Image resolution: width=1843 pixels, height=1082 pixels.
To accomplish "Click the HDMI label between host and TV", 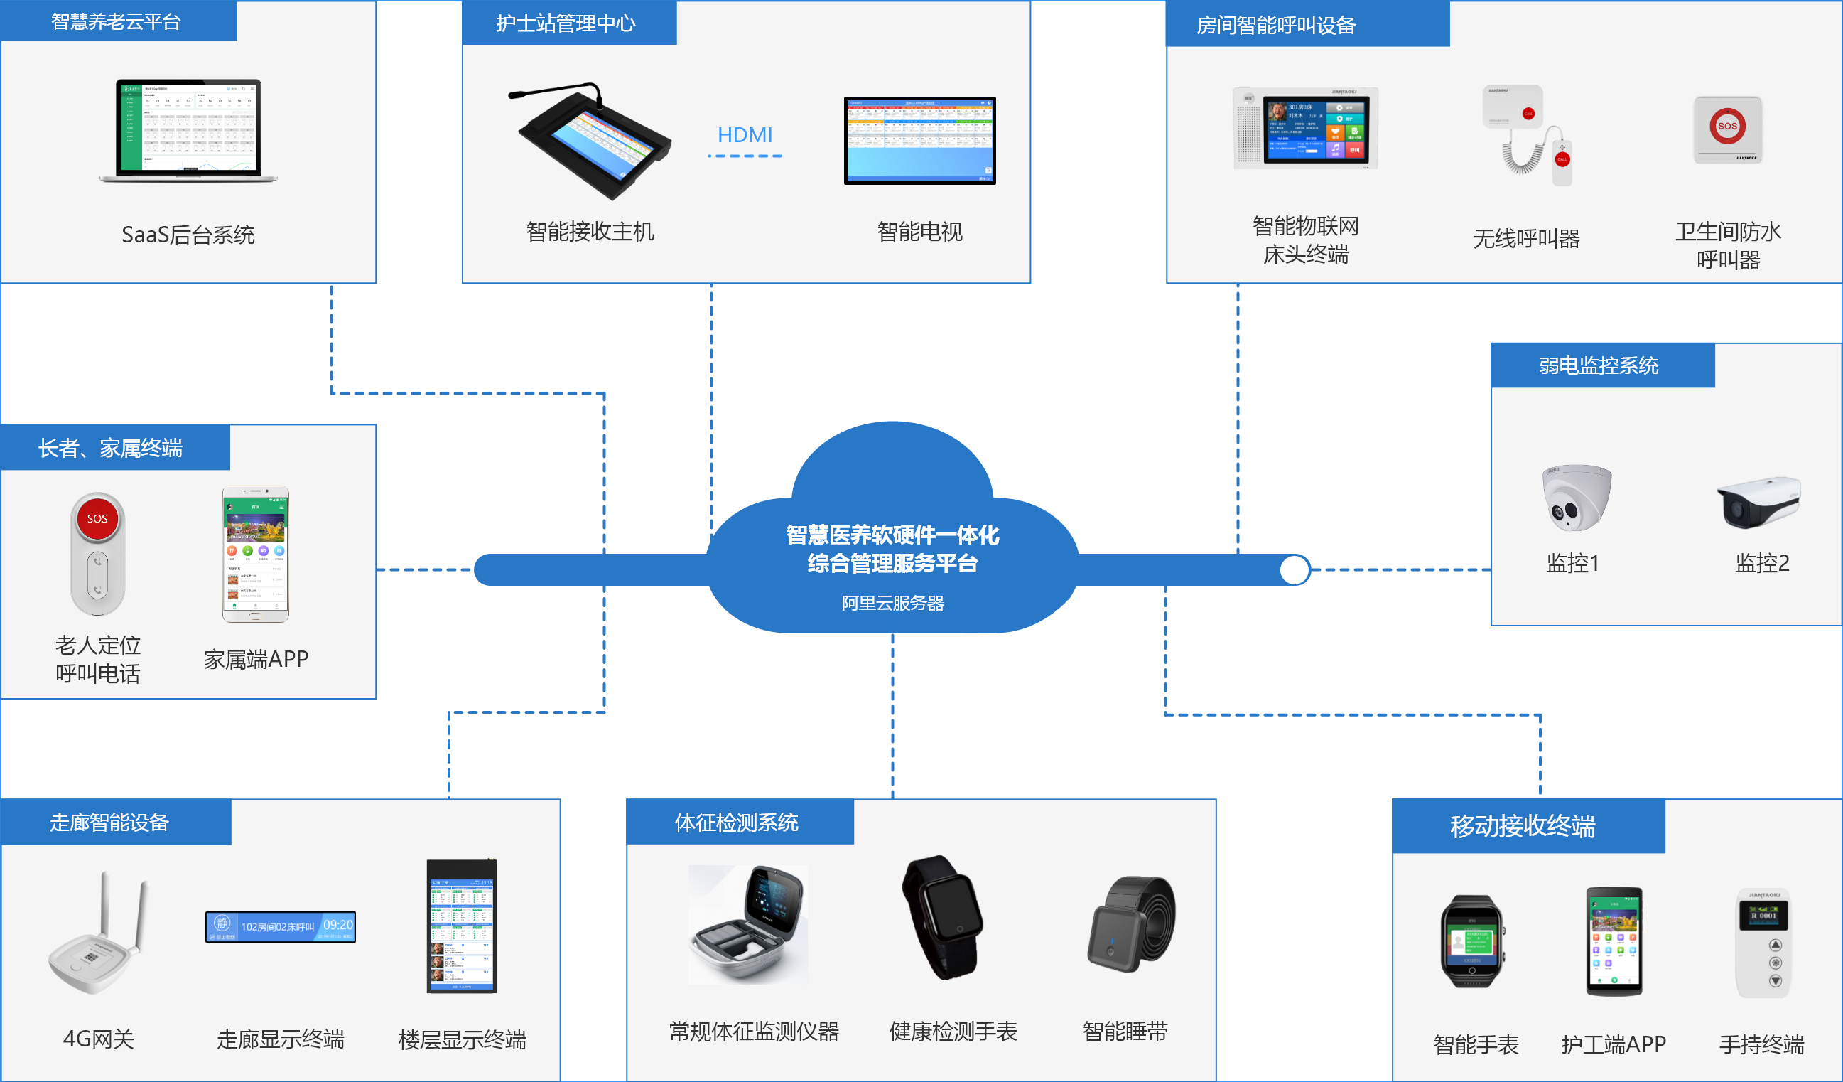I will tap(745, 135).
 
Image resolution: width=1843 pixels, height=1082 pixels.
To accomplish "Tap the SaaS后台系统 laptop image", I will tap(189, 130).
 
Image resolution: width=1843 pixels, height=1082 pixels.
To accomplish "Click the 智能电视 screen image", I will tap(919, 140).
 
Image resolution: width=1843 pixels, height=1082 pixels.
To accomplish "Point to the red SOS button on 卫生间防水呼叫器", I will tap(1726, 126).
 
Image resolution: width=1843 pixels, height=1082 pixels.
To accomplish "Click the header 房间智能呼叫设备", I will tap(1275, 26).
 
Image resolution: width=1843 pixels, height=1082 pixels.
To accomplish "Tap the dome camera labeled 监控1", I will tap(1575, 498).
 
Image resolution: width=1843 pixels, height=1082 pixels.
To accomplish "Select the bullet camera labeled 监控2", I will tap(1758, 502).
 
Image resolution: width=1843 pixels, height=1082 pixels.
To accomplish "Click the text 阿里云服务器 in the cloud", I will tap(892, 603).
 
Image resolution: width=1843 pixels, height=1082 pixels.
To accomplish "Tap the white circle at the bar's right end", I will tap(1294, 570).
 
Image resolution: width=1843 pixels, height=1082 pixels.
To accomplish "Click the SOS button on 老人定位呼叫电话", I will tap(97, 519).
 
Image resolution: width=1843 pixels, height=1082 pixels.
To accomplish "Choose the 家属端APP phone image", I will tap(255, 554).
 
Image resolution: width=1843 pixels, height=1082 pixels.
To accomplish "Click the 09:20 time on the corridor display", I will tap(338, 925).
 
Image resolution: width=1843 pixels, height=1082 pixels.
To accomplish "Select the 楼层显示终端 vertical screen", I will tap(462, 926).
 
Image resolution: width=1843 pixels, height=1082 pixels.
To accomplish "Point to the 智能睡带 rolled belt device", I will tap(1131, 924).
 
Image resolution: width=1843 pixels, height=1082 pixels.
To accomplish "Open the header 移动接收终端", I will tap(1523, 827).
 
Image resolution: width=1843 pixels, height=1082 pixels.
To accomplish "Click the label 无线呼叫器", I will tap(1526, 238).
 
